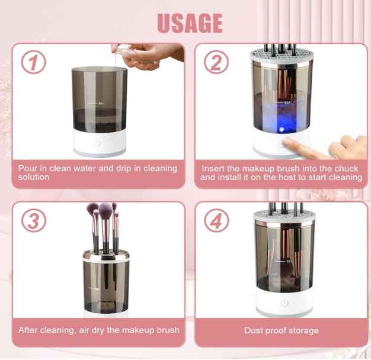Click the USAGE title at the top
[189, 22]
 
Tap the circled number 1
[33, 62]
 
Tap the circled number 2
[216, 62]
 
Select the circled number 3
[33, 221]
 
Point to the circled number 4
[216, 221]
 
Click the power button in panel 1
[98, 143]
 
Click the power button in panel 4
[283, 303]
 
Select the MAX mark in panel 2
[287, 102]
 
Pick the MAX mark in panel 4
[290, 261]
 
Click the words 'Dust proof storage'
[281, 330]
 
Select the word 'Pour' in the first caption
[27, 169]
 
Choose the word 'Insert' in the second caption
[213, 169]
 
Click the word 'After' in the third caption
[29, 330]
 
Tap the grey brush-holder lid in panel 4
[283, 215]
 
